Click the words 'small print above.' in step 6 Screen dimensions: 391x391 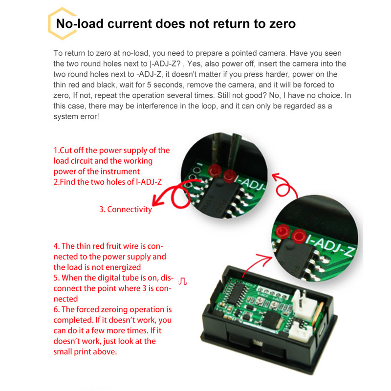[86, 352]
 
